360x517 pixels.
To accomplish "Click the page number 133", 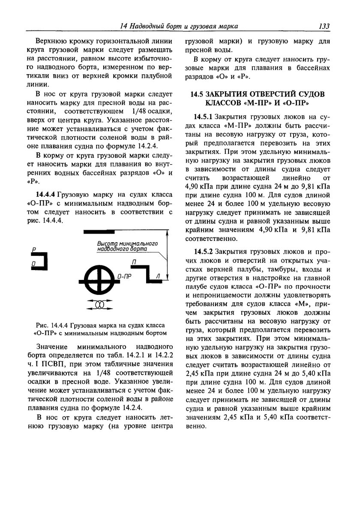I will (x=324, y=27).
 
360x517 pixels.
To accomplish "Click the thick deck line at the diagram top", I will (x=99, y=231).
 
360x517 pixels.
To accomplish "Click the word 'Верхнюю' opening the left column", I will (x=54, y=42).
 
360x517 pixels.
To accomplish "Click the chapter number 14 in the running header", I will (x=124, y=27).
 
